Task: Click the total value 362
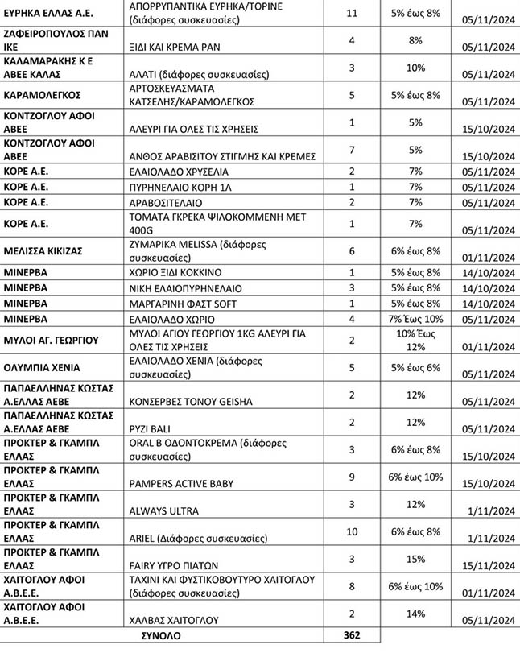(x=350, y=635)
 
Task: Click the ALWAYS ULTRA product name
(x=163, y=510)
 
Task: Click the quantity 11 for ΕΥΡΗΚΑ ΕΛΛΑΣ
(x=350, y=13)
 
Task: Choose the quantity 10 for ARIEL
(x=350, y=531)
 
